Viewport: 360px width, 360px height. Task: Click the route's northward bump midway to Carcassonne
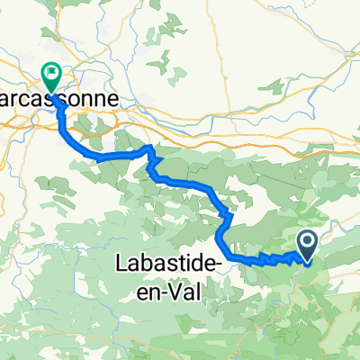click(149, 148)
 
